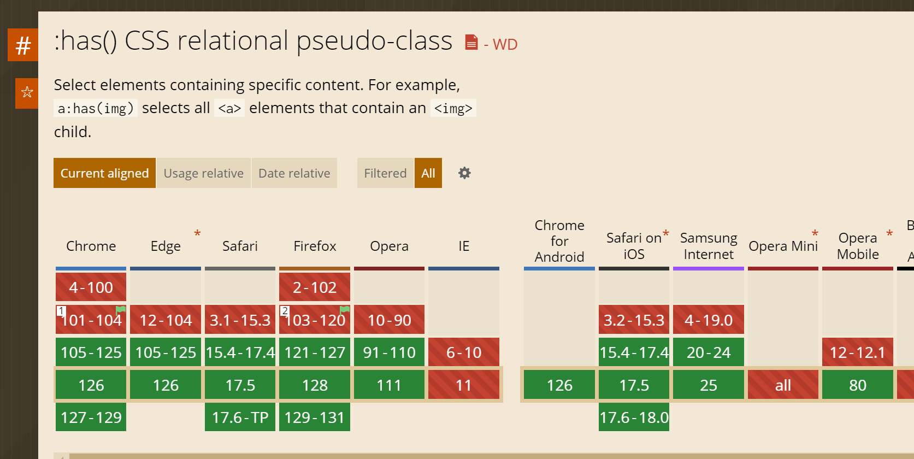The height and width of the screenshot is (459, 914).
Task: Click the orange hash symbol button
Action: coord(23,45)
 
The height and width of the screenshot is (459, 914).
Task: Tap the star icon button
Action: coord(27,93)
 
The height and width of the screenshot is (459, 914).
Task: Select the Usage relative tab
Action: coord(203,173)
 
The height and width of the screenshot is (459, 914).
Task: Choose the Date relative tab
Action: coord(294,173)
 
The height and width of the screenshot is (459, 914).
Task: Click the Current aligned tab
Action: coord(104,173)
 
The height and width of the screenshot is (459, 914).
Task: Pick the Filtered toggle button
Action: coord(385,173)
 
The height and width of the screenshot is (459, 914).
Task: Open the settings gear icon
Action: coord(464,173)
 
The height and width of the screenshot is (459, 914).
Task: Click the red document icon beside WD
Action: coord(471,43)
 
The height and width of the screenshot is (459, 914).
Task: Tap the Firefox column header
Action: coord(315,246)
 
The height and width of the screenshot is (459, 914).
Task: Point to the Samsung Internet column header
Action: coord(709,246)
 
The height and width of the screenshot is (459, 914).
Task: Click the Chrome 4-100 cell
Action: coord(91,287)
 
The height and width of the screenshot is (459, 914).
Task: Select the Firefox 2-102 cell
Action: coord(315,287)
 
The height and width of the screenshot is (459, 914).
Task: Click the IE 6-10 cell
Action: coord(463,352)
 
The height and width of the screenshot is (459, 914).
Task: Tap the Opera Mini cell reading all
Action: coord(783,385)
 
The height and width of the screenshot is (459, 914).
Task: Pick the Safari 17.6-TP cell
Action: coord(240,417)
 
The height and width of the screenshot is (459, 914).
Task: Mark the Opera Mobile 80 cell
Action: coord(857,385)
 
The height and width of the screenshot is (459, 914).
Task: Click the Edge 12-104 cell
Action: coord(165,320)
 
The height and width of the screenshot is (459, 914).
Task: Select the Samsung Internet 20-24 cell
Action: coord(709,352)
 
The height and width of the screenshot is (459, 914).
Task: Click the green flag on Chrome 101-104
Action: coord(121,310)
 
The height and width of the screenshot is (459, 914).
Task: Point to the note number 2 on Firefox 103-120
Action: coord(285,311)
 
